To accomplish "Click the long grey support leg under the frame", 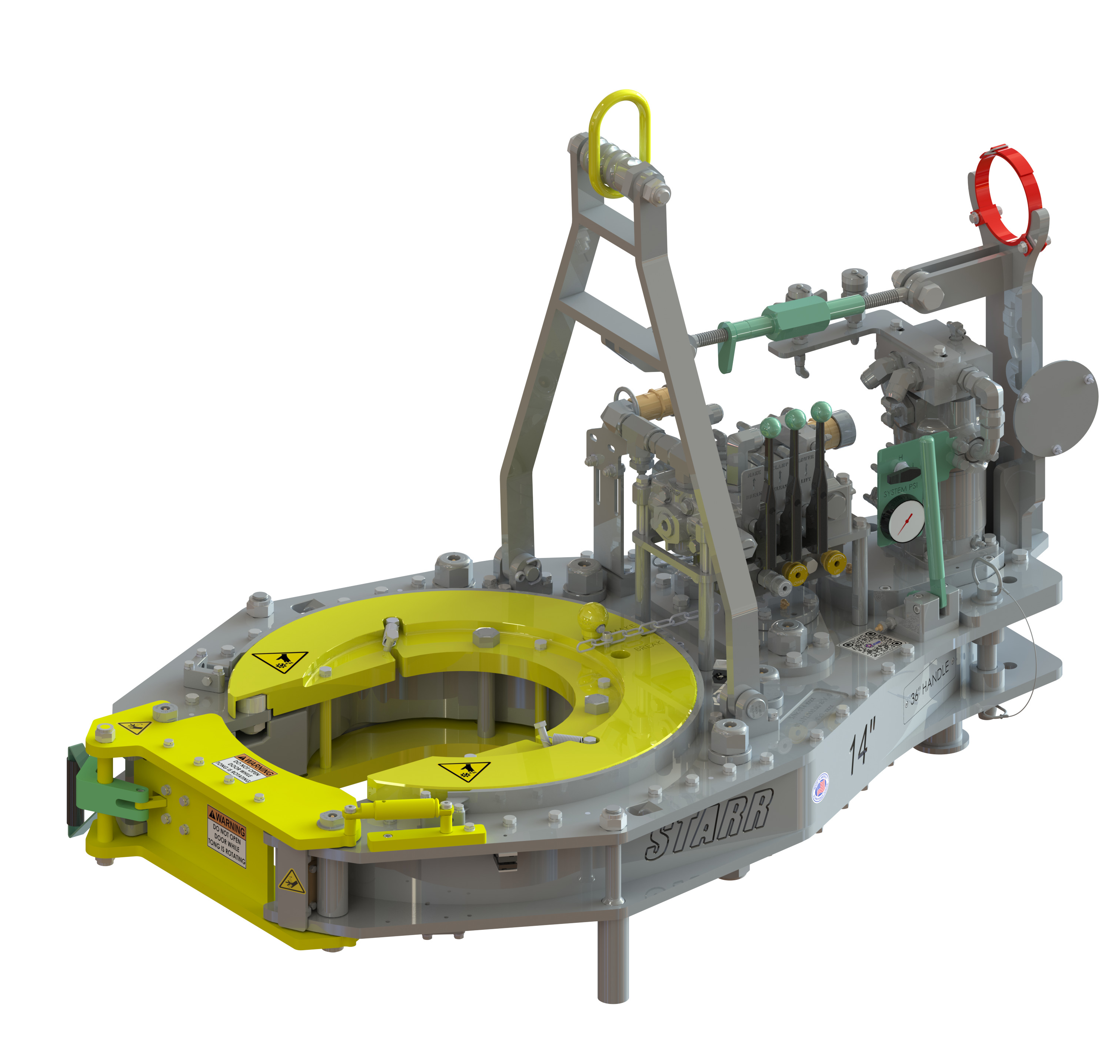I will tap(612, 956).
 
